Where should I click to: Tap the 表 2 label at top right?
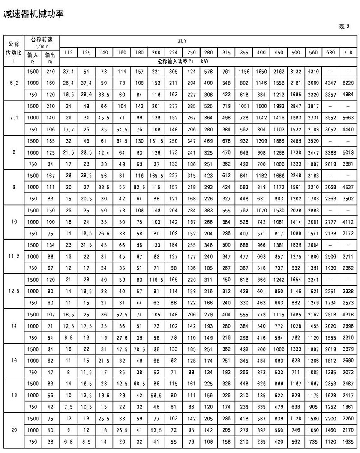coord(345,27)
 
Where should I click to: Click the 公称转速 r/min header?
coord(42,41)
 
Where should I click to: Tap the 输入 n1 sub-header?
coord(33,58)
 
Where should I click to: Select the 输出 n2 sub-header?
coord(50,58)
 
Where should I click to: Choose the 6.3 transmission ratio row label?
coord(14,83)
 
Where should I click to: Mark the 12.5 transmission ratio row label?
coord(14,291)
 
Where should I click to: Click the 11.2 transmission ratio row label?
coord(14,256)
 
